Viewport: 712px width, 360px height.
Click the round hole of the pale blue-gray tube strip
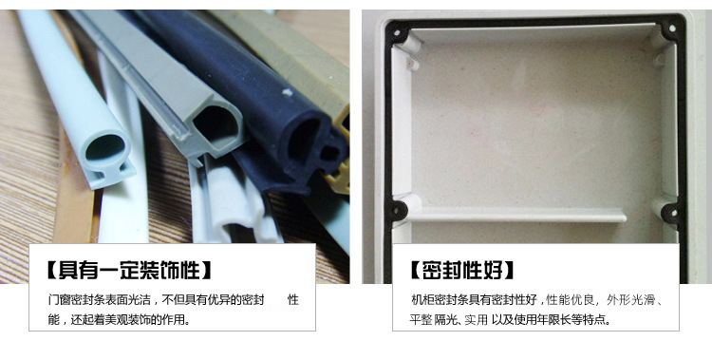click(105, 148)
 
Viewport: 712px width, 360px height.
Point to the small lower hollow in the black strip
click(329, 152)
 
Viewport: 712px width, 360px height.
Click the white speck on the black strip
click(287, 93)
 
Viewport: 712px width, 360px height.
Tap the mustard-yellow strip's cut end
click(342, 150)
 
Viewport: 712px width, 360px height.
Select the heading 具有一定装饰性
click(130, 270)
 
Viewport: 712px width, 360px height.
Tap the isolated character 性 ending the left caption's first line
click(293, 300)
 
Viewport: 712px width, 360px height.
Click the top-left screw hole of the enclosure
click(397, 33)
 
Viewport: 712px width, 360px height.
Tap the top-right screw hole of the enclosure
click(672, 28)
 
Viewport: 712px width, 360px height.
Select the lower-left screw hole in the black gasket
click(398, 211)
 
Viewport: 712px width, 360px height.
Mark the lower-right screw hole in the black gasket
click(669, 212)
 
